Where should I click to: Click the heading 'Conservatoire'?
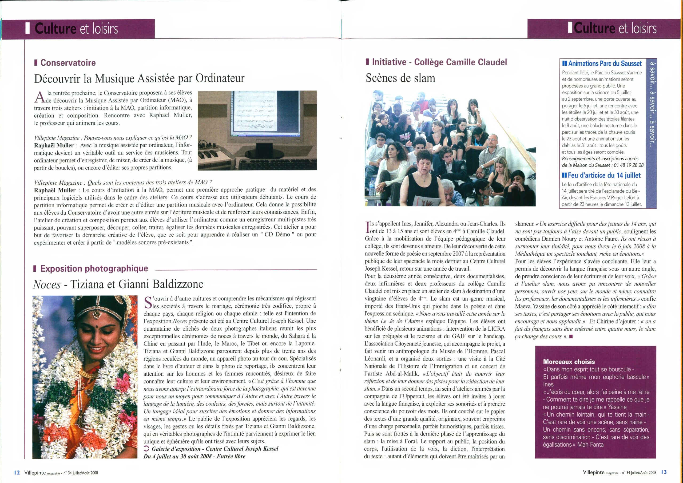tap(68, 63)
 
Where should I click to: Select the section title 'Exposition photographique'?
tap(94, 268)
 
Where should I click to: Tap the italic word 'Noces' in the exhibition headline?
tap(46, 284)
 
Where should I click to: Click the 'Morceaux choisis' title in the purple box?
tap(569, 362)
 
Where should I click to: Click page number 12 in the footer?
tap(17, 473)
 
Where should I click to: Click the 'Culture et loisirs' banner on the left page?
tap(76, 29)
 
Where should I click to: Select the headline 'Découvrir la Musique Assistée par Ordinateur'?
tap(139, 78)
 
